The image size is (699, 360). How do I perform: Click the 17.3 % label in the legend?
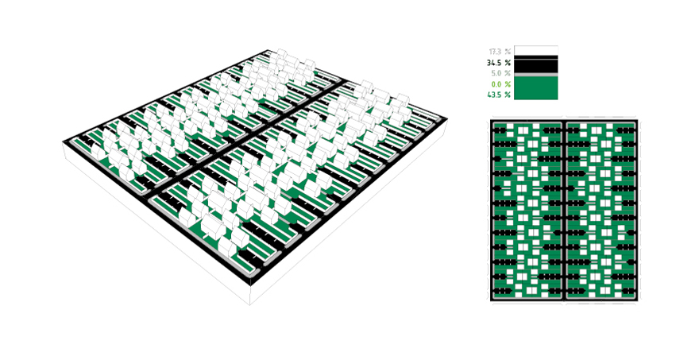pyautogui.click(x=500, y=52)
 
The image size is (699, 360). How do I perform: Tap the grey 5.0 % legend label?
pyautogui.click(x=500, y=74)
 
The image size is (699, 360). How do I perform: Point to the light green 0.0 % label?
pyautogui.click(x=500, y=84)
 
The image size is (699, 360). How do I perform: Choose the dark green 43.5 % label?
pyautogui.click(x=499, y=95)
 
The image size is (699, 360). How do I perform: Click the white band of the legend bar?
pyautogui.click(x=536, y=50)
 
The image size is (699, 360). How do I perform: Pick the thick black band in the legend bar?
pyautogui.click(x=536, y=66)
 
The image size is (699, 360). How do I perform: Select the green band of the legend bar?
pyautogui.click(x=536, y=88)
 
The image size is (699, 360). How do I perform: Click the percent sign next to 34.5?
pyautogui.click(x=508, y=63)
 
